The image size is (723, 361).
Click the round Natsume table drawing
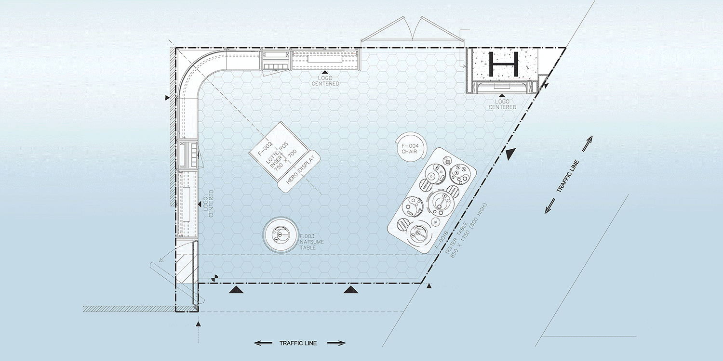pos(279,235)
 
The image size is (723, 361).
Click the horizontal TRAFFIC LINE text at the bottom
pos(298,343)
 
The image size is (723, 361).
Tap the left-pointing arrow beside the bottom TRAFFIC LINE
pos(263,343)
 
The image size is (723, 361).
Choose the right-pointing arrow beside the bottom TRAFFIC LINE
pos(336,343)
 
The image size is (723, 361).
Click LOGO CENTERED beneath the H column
pos(502,104)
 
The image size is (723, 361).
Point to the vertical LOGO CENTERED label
pos(208,204)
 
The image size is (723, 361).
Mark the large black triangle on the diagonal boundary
pos(511,154)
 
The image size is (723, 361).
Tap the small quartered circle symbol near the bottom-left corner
pos(214,278)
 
